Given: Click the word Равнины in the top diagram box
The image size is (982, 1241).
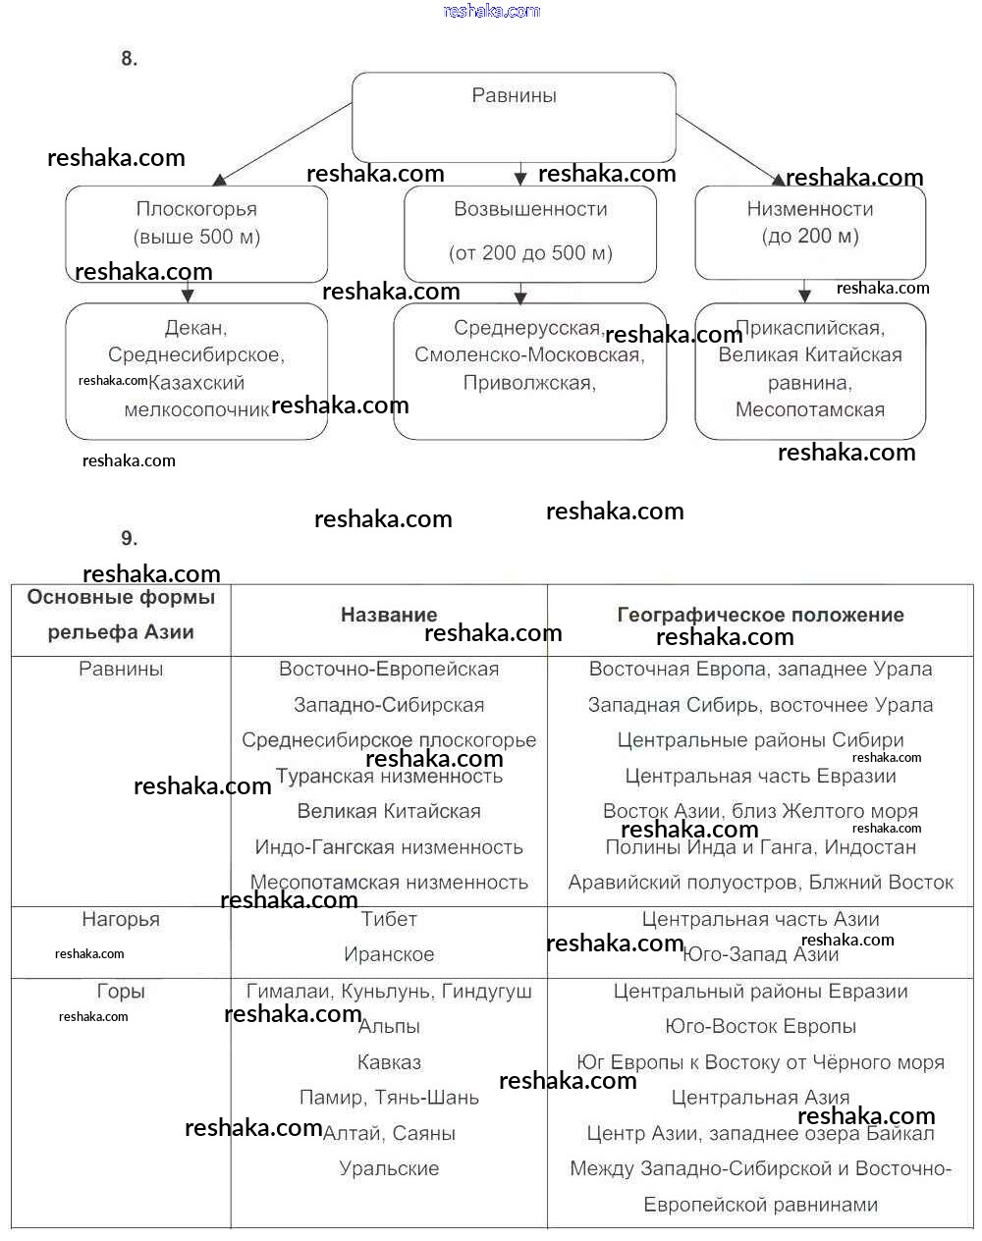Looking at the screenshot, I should (514, 96).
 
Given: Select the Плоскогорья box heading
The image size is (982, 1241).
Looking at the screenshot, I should (196, 209).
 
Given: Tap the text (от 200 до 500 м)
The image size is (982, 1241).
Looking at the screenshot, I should (530, 253).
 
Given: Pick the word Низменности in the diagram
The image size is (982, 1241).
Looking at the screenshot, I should (810, 209).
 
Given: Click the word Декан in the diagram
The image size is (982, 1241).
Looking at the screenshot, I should (195, 328).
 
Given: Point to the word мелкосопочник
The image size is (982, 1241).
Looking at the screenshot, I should (196, 410).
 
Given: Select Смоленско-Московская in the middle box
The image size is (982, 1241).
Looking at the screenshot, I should (529, 355).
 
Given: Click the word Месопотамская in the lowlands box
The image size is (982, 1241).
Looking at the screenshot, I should (810, 410).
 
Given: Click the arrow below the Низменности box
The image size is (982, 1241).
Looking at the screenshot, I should (805, 291).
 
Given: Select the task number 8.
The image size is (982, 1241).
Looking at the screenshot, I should (130, 59).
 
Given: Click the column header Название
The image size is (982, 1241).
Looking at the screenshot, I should (389, 616).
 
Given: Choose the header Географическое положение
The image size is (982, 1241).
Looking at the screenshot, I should (760, 616).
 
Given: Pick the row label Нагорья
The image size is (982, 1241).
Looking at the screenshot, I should (121, 920).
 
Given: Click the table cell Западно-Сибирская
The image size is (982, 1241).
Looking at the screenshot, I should (389, 705).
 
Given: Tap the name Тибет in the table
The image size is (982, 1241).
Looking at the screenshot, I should (389, 920).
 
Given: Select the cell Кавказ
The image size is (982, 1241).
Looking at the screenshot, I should (389, 1062).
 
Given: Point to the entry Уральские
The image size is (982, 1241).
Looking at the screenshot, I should (389, 1169).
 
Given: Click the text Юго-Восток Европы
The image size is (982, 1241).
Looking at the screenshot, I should (760, 1027).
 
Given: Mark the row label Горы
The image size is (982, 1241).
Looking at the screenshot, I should (121, 992).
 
